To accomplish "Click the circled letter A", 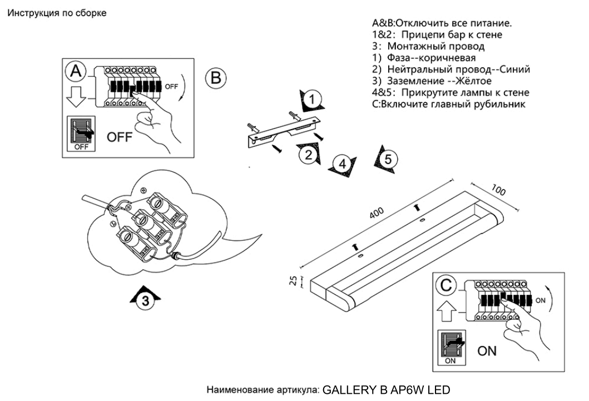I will pos(76,71).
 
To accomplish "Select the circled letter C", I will pos(447,285).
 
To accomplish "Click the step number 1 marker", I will pos(312,100).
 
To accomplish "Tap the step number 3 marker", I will pos(145,301).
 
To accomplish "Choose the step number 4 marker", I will pos(343,164).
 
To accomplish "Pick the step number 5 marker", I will pos(388,159).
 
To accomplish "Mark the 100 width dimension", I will pos(499,191).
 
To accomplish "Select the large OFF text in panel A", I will pos(120,137).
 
